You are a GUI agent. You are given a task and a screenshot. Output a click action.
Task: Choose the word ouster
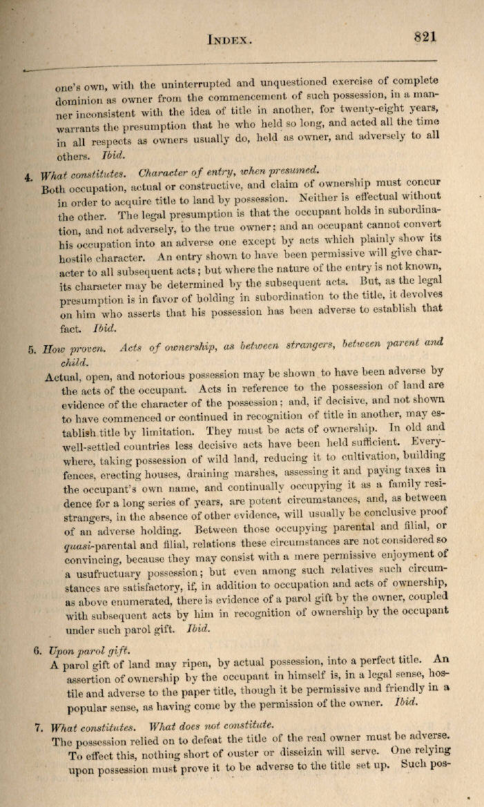point(273,754)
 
